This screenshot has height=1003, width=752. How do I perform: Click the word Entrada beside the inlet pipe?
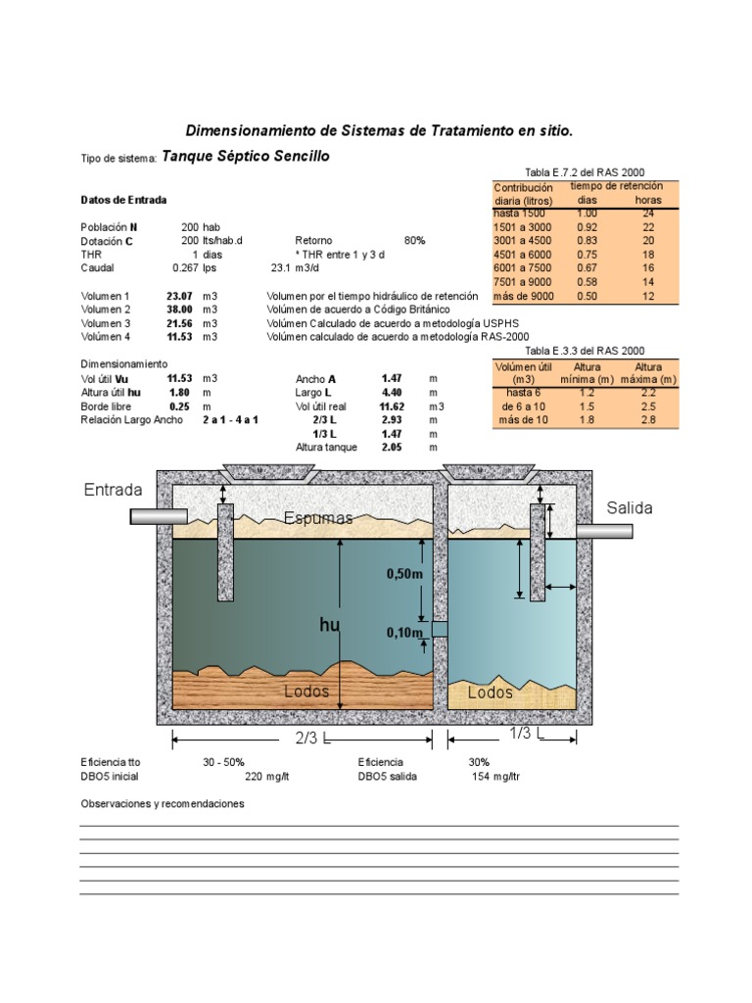[114, 490]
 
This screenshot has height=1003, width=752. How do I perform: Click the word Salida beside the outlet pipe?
[630, 508]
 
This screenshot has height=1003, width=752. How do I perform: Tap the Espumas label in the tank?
[318, 518]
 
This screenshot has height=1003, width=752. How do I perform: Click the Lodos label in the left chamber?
[306, 692]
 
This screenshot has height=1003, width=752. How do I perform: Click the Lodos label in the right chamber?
[490, 693]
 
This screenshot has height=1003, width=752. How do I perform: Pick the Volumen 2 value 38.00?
[179, 309]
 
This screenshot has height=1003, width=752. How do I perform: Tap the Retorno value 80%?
[414, 240]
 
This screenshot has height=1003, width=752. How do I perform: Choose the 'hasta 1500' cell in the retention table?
[520, 213]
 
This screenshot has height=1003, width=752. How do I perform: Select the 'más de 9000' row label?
[524, 296]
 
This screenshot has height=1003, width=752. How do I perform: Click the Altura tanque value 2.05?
[393, 448]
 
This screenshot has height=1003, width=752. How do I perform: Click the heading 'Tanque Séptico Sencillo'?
[245, 156]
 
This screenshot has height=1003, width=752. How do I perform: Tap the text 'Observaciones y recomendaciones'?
[162, 804]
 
